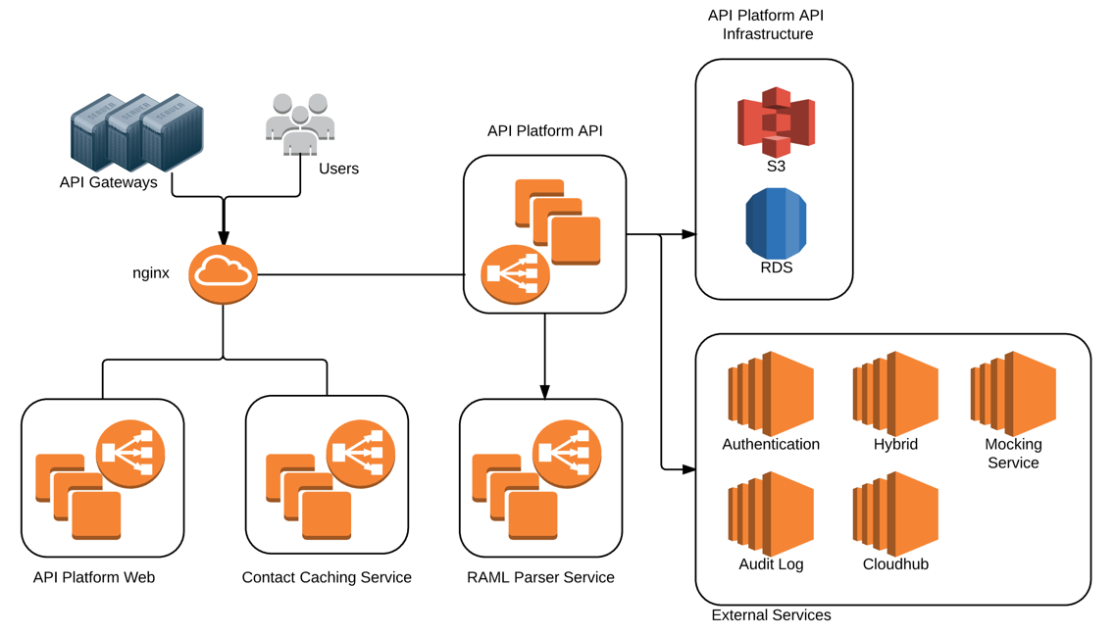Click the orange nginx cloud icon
pyautogui.click(x=223, y=274)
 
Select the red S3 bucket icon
pyautogui.click(x=776, y=121)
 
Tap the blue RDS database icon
pyautogui.click(x=776, y=224)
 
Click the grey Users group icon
pyautogui.click(x=300, y=123)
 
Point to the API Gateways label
pyautogui.click(x=108, y=182)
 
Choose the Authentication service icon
pyautogui.click(x=771, y=394)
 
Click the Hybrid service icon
pyautogui.click(x=895, y=394)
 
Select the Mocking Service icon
pyautogui.click(x=1013, y=394)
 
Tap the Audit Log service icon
pyautogui.click(x=771, y=513)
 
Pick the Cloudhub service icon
pyautogui.click(x=895, y=513)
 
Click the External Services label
pyautogui.click(x=771, y=615)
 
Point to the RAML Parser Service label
pyautogui.click(x=540, y=577)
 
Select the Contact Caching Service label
pyautogui.click(x=327, y=577)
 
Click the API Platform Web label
pyautogui.click(x=94, y=577)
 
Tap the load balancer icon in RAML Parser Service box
pyautogui.click(x=567, y=453)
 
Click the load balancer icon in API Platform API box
pyautogui.click(x=515, y=274)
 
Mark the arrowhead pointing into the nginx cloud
pyautogui.click(x=224, y=238)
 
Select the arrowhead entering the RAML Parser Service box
pyautogui.click(x=544, y=392)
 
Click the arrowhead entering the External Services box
pyautogui.click(x=688, y=469)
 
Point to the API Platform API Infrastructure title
pyautogui.click(x=766, y=24)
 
